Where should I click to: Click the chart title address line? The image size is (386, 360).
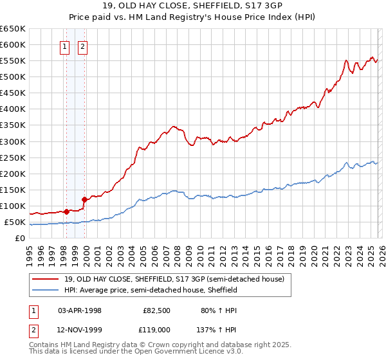(x=193, y=7)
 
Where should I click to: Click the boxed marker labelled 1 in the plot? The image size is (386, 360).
(x=66, y=46)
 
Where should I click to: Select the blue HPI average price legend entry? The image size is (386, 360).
(x=151, y=290)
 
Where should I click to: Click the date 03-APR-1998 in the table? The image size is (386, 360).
(x=80, y=310)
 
